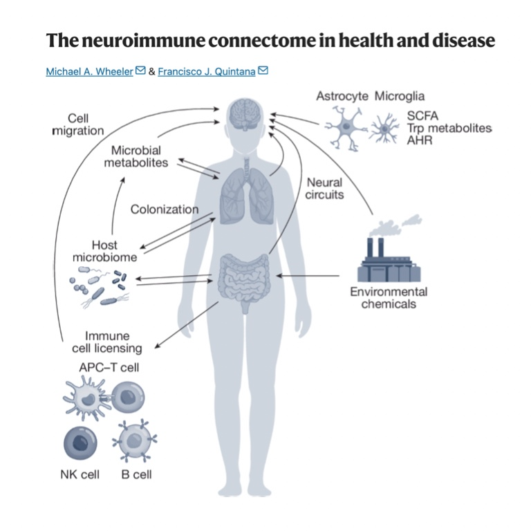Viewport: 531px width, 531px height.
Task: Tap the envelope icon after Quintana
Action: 263,71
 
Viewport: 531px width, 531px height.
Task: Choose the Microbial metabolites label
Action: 136,156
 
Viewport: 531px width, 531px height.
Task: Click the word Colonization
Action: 165,209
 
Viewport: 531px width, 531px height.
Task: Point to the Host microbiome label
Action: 104,251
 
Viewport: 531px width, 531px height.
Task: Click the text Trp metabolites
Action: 449,129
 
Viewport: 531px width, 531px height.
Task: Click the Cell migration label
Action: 77,124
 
